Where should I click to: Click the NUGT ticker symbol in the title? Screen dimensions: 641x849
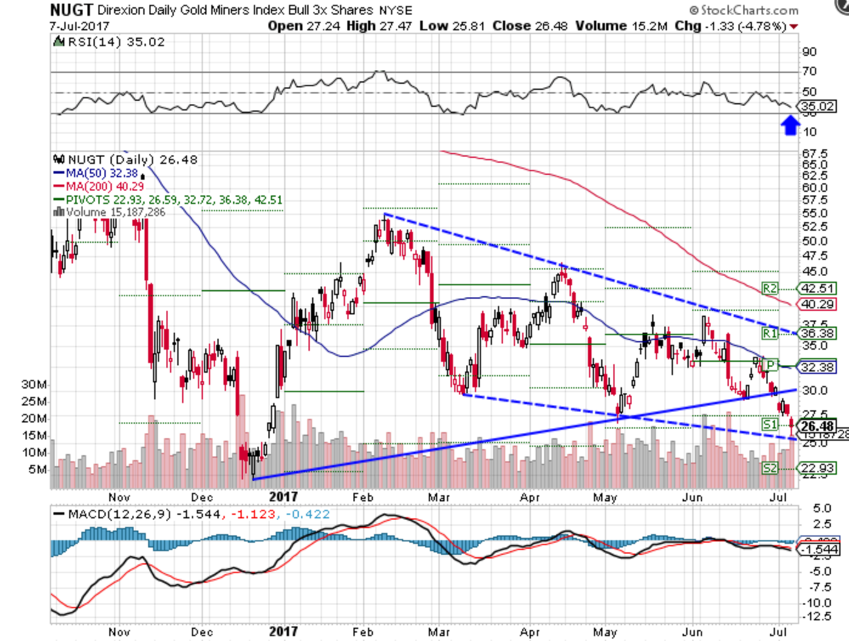pos(72,10)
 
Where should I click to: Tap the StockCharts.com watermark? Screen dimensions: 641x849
pos(744,10)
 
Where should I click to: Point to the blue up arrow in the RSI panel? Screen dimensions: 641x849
pos(789,126)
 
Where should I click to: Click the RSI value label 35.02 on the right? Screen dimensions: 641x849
pos(818,107)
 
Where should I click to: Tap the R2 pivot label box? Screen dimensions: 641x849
pos(769,289)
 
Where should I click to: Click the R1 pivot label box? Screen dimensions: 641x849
pos(769,333)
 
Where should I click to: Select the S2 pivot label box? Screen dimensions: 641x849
pos(769,468)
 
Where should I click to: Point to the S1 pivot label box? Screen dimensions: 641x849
pos(769,424)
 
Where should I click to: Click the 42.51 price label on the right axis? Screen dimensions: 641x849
pos(817,289)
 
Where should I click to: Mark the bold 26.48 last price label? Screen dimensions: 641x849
pos(817,426)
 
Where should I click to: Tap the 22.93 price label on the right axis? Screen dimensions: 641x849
pos(817,468)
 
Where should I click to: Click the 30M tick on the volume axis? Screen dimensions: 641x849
pos(34,384)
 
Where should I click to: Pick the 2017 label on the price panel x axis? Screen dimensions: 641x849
pos(283,497)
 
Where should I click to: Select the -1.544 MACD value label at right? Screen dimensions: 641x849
pos(819,550)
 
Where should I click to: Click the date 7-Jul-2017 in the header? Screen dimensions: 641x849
pos(79,26)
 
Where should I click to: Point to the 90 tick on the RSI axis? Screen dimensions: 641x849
pos(809,52)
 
